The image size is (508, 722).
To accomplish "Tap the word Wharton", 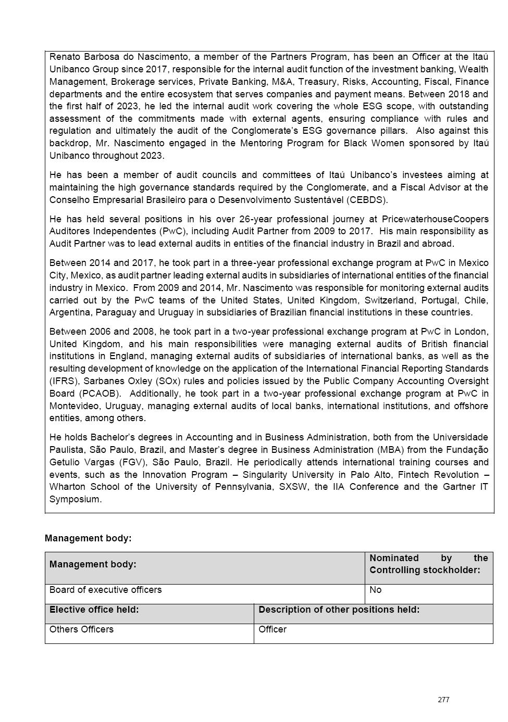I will tap(67, 487).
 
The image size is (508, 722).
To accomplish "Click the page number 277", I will tap(443, 700).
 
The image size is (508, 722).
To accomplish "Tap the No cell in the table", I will tap(376, 590).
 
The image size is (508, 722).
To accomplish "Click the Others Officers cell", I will tap(81, 629).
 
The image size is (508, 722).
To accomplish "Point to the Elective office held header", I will tap(94, 610).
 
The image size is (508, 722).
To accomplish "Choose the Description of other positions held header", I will tap(339, 610).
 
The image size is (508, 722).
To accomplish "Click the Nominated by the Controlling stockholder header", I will tap(428, 564).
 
